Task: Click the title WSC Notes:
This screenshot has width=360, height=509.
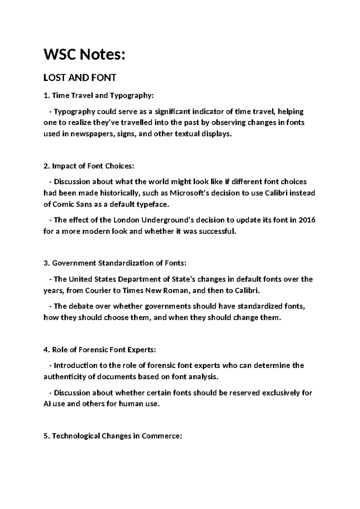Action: click(x=84, y=55)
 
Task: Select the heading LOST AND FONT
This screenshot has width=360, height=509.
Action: click(x=80, y=78)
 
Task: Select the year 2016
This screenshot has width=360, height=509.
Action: click(x=307, y=220)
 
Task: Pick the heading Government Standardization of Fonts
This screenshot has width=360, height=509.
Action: click(x=119, y=263)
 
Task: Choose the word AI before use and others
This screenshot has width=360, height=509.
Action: click(x=47, y=404)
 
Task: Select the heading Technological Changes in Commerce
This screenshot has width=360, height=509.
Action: click(x=117, y=436)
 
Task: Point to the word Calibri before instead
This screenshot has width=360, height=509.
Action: click(x=277, y=193)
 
